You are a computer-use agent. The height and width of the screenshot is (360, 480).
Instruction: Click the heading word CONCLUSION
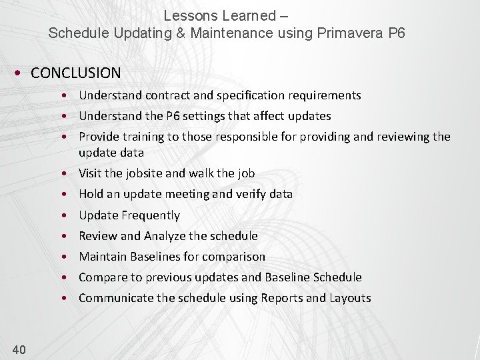[75, 73]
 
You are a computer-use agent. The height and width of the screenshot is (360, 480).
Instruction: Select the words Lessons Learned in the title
[219, 15]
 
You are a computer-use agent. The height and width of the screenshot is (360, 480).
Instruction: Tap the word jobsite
[141, 173]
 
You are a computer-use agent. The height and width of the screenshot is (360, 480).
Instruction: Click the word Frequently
[150, 215]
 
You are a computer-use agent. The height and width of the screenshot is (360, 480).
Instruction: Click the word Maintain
[102, 257]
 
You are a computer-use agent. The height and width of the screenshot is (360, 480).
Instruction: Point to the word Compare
[101, 277]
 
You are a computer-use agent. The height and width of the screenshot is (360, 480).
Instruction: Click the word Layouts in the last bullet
[350, 298]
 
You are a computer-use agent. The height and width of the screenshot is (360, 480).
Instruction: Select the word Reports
[281, 298]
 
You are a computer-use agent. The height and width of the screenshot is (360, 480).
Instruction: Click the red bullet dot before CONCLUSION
[21, 73]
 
